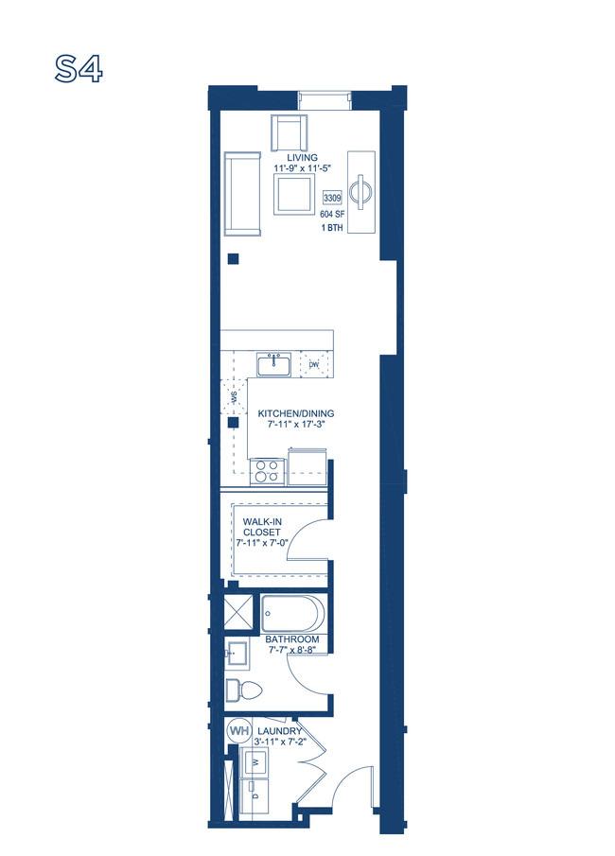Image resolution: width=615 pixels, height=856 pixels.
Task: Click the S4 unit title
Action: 79,69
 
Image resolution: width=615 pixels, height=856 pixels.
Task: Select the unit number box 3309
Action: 333,198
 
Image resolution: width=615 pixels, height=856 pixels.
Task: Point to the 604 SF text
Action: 331,215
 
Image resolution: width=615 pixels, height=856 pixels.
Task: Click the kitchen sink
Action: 273,364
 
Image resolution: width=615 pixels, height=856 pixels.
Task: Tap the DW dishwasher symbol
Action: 313,365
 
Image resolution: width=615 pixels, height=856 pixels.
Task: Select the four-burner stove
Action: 267,471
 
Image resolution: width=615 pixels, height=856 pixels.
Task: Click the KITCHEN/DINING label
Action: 296,413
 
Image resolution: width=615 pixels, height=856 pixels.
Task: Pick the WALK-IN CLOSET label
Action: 262,527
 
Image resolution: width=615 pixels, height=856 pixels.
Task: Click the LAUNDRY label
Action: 279,731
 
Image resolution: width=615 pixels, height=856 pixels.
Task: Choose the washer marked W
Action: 255,763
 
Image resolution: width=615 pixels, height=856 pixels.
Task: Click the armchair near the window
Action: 290,132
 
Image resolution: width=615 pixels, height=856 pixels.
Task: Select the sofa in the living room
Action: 242,194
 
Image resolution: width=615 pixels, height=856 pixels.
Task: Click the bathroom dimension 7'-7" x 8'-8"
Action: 292,650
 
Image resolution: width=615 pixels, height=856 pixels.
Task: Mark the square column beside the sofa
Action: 234,259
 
